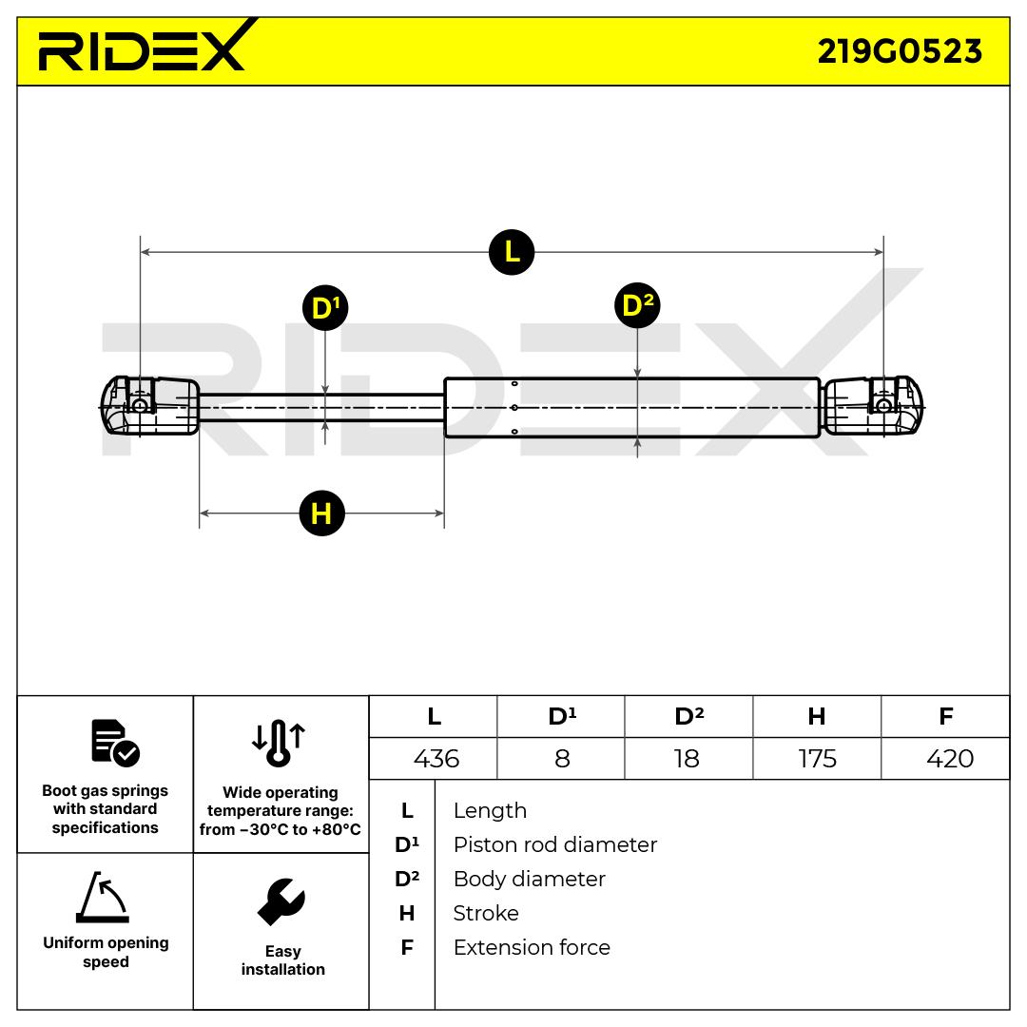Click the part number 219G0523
click(x=899, y=50)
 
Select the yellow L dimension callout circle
click(x=512, y=252)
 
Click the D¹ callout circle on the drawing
click(x=325, y=308)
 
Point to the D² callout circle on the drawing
click(x=637, y=305)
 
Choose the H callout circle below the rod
click(x=320, y=513)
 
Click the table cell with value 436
click(x=436, y=758)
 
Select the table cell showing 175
click(x=817, y=758)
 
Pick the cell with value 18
click(x=686, y=758)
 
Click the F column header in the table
click(x=945, y=716)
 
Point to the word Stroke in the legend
click(x=486, y=913)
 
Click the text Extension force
click(x=532, y=947)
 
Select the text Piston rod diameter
click(x=554, y=844)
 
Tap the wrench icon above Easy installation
click(x=281, y=902)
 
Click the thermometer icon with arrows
click(x=279, y=742)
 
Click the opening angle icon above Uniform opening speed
click(x=103, y=898)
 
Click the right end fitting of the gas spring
click(x=873, y=406)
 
